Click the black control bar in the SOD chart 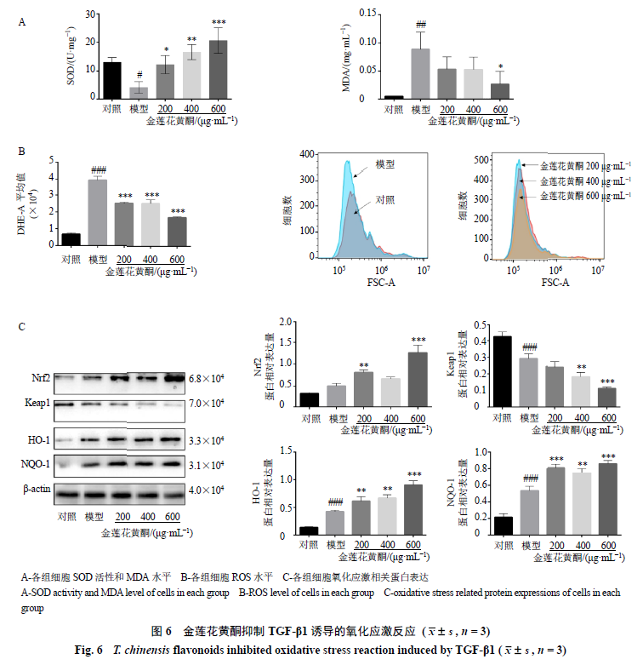[x=111, y=80]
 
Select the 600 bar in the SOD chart [x=219, y=69]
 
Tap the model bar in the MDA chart [x=420, y=73]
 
